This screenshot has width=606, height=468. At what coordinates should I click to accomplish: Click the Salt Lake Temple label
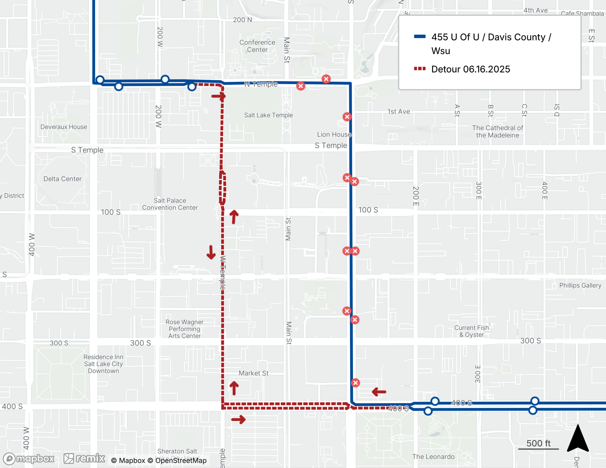[x=268, y=115]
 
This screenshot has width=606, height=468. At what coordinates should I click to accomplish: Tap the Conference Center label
[x=257, y=46]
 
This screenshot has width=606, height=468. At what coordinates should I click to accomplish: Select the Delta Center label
[x=62, y=179]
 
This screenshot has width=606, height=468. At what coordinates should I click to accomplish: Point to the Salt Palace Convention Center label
[x=170, y=204]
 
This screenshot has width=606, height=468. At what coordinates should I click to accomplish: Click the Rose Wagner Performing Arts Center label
[x=185, y=329]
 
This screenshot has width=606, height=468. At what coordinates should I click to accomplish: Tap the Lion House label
[x=334, y=134]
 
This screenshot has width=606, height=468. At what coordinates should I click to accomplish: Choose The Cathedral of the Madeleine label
[x=498, y=131]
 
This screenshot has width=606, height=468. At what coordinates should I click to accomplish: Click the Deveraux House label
[x=64, y=127]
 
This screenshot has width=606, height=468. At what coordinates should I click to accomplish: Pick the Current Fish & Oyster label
[x=471, y=331]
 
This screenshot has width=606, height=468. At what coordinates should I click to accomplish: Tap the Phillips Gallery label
[x=580, y=285]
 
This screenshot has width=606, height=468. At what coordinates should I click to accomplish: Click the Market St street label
[x=253, y=373]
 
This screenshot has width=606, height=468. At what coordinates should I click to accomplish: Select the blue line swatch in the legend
[x=420, y=37]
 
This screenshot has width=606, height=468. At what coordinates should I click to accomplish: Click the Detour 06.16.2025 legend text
[x=471, y=69]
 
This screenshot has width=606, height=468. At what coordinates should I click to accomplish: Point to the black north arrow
[x=578, y=439]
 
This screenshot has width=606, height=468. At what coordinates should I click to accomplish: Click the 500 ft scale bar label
[x=538, y=443]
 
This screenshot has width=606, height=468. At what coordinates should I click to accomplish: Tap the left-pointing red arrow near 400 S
[x=379, y=392]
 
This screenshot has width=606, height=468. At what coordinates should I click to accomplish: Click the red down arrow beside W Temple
[x=211, y=252]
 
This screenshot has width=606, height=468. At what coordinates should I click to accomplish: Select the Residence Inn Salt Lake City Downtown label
[x=103, y=364]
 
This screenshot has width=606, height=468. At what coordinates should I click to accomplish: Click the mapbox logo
[x=29, y=459]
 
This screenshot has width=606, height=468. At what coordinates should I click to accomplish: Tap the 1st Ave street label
[x=398, y=111]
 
